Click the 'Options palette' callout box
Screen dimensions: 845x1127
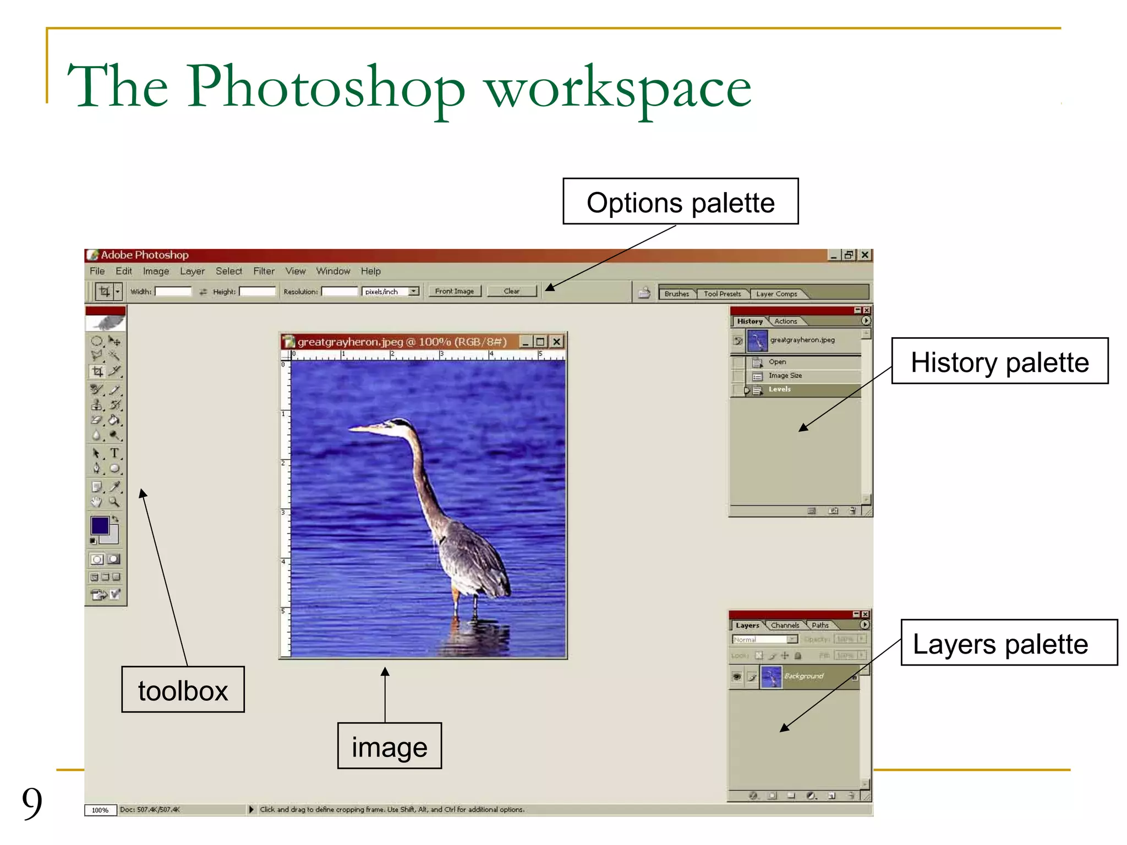tap(680, 201)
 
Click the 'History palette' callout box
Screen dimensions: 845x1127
tap(999, 361)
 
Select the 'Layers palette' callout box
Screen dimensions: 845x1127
tap(1008, 643)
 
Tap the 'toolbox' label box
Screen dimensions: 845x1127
tap(183, 690)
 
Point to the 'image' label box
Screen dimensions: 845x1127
tap(389, 746)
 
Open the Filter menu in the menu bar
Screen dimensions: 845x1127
tap(264, 271)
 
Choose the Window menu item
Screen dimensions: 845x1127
tap(333, 271)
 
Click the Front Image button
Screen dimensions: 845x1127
tap(454, 292)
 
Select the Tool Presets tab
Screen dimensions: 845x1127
tap(722, 294)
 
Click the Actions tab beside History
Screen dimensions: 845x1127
tap(785, 321)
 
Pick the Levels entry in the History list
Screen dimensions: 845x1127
tap(779, 389)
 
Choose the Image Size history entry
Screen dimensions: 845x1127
tap(785, 376)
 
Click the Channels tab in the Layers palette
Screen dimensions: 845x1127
tap(785, 625)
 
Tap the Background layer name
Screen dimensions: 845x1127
tap(803, 676)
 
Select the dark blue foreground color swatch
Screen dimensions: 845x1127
tap(100, 525)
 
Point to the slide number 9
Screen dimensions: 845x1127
tap(32, 803)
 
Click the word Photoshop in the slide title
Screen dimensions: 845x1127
tap(326, 87)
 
